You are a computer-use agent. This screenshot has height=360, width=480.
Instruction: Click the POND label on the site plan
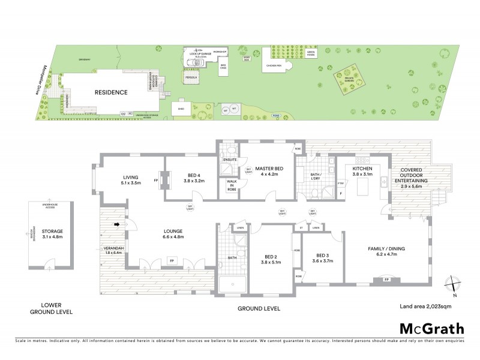tap(275, 114)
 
